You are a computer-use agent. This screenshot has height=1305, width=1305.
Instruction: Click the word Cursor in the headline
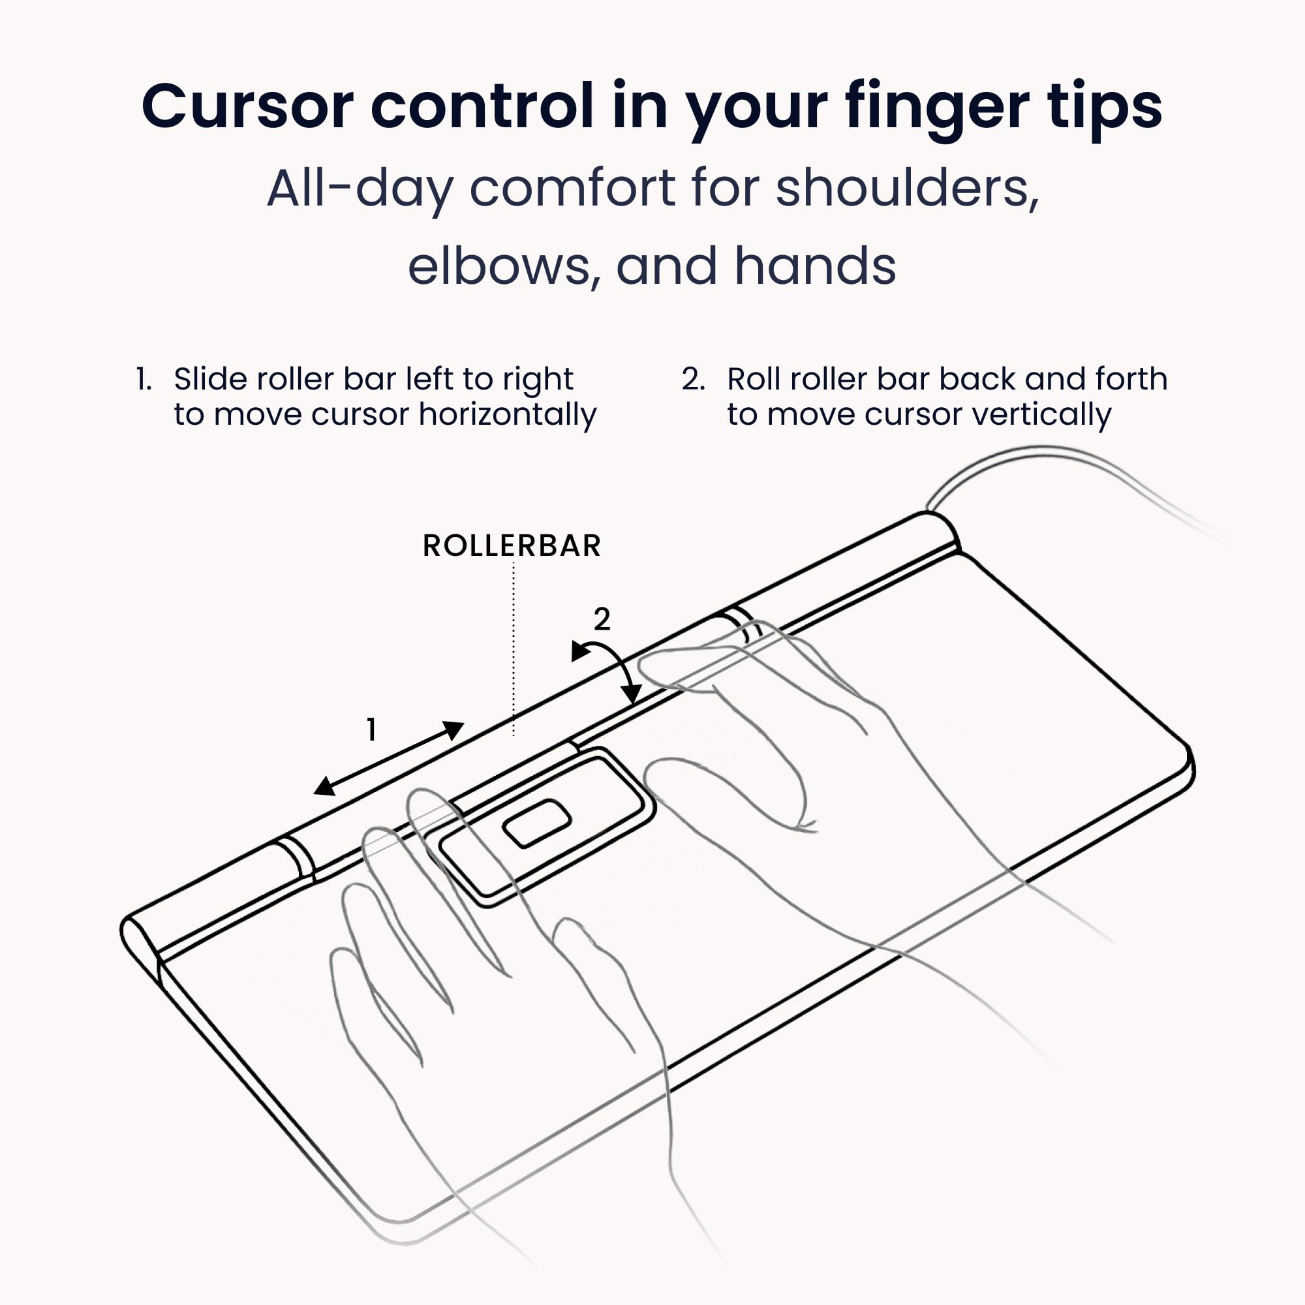click(x=247, y=107)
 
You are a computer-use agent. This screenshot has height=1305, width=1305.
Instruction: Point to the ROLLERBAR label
click(x=512, y=545)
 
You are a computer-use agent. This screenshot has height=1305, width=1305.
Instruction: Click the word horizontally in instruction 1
click(x=507, y=415)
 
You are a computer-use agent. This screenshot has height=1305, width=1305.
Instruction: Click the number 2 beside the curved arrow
click(x=602, y=619)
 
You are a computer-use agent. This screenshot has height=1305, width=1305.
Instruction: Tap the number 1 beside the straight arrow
click(x=371, y=730)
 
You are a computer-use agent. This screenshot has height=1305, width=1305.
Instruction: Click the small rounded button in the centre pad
click(x=538, y=823)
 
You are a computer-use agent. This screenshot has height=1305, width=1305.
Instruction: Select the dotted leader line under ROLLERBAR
click(x=514, y=649)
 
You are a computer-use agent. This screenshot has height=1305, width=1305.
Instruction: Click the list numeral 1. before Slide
click(x=143, y=379)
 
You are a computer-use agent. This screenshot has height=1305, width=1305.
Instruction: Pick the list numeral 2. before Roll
click(x=693, y=379)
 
